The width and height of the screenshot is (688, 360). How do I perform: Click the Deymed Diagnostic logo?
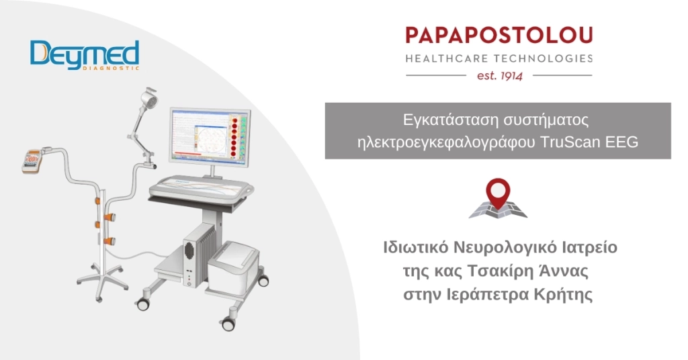[84, 56]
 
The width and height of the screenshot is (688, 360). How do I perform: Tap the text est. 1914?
[499, 75]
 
